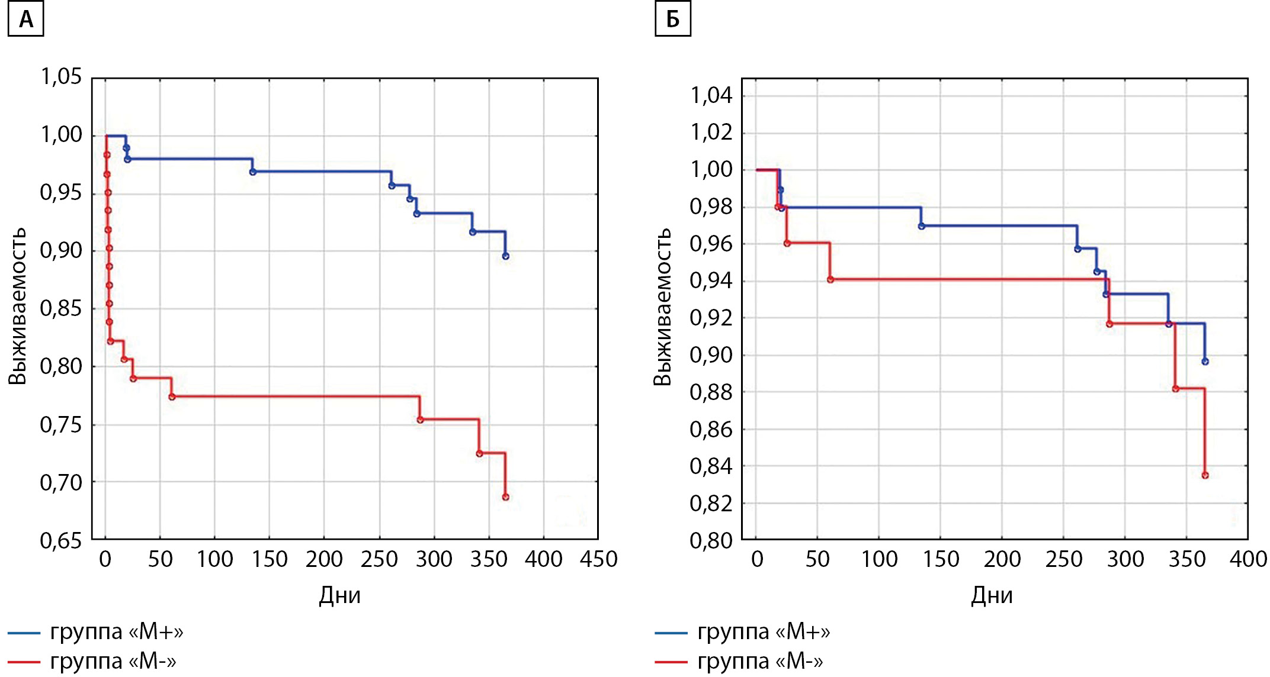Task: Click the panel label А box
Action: pyautogui.click(x=25, y=20)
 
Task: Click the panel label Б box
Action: pyautogui.click(x=672, y=20)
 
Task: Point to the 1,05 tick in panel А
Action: pyautogui.click(x=61, y=76)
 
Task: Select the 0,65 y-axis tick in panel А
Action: pyautogui.click(x=61, y=540)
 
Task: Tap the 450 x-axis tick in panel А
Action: pyautogui.click(x=598, y=559)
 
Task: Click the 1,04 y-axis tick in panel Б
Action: pyautogui.click(x=711, y=95)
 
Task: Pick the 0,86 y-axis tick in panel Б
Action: pyautogui.click(x=711, y=430)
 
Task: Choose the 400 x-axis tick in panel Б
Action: pyautogui.click(x=1248, y=559)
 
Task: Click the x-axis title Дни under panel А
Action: pyautogui.click(x=339, y=595)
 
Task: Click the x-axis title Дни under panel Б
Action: pyautogui.click(x=992, y=595)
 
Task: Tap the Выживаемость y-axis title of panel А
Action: pyautogui.click(x=18, y=306)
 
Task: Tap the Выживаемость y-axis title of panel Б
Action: pyautogui.click(x=663, y=306)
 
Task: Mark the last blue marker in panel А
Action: pyautogui.click(x=505, y=256)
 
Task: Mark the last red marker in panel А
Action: pyautogui.click(x=505, y=497)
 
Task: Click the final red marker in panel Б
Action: pyautogui.click(x=1205, y=475)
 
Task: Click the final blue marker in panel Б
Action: pyautogui.click(x=1205, y=362)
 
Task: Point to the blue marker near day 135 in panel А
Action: pyautogui.click(x=253, y=172)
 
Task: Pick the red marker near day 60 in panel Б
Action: pyautogui.click(x=830, y=279)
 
